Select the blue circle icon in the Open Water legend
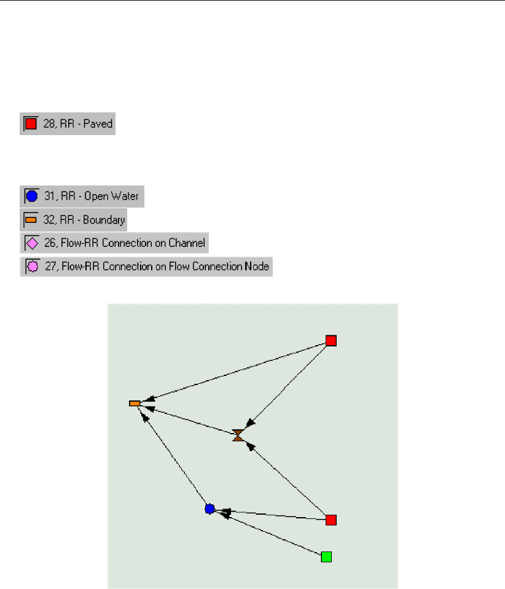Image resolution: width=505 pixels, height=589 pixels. [32, 197]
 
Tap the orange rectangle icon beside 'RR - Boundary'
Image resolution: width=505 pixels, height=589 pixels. [31, 220]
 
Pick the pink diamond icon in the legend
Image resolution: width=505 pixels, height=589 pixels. [33, 244]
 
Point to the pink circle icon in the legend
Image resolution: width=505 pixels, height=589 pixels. [33, 267]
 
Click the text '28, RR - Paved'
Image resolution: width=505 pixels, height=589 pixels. [77, 124]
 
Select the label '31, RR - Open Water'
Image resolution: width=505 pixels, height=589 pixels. [92, 197]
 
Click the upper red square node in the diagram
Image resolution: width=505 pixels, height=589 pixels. [331, 341]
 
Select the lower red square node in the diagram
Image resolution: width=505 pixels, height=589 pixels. [331, 520]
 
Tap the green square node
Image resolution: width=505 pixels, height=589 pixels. [326, 557]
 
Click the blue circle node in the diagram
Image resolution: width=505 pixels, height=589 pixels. [209, 509]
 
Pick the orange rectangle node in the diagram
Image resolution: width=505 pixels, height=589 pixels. [135, 404]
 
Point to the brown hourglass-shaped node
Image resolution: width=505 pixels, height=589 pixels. [238, 435]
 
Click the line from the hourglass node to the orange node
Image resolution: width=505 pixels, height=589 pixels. [190, 421]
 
